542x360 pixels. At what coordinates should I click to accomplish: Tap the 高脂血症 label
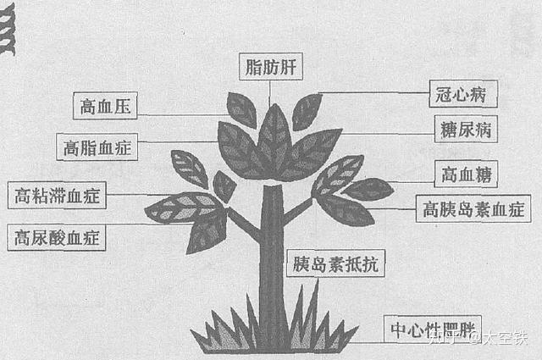pos(97,147)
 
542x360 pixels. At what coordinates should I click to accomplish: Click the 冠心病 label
pos(461,93)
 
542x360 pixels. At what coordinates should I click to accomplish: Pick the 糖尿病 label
pos(464,131)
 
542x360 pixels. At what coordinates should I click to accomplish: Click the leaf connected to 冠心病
pos(307,110)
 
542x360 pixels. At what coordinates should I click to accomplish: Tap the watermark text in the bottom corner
pos(478,340)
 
